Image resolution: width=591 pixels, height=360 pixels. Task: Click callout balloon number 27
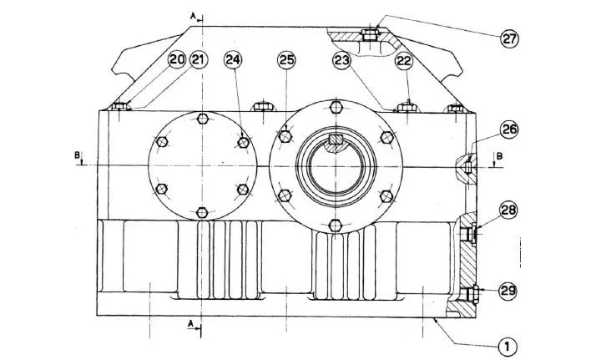[x=509, y=38]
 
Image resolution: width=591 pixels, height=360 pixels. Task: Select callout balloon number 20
[x=177, y=60]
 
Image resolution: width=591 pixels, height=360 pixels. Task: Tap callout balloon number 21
[x=199, y=60]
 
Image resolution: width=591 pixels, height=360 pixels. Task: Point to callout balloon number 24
[x=233, y=60]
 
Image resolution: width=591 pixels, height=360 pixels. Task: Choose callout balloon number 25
[x=286, y=60]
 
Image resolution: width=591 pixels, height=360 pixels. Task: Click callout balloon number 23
[x=341, y=61]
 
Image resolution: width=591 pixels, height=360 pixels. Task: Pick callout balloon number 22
[x=404, y=61]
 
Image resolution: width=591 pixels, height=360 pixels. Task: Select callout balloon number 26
[x=509, y=129]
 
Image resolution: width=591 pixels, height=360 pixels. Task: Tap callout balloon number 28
[x=508, y=210]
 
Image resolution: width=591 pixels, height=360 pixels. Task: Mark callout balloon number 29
[x=508, y=291]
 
